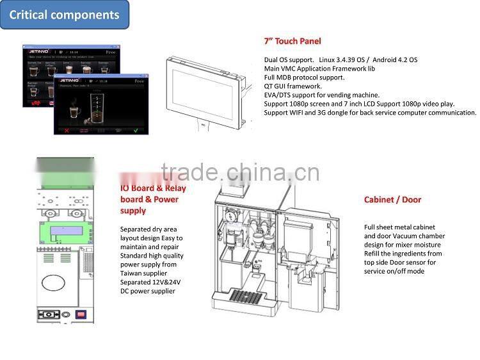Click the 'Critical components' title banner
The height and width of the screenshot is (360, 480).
(64, 15)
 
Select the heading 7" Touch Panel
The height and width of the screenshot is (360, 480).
(292, 40)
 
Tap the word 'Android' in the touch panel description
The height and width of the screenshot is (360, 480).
(385, 60)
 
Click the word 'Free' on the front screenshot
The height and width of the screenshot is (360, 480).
(139, 81)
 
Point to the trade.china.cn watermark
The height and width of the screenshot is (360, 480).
(240, 172)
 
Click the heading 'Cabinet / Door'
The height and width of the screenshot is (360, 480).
(392, 200)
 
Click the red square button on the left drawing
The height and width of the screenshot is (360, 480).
(81, 314)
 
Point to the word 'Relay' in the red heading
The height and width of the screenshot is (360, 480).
(173, 188)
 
